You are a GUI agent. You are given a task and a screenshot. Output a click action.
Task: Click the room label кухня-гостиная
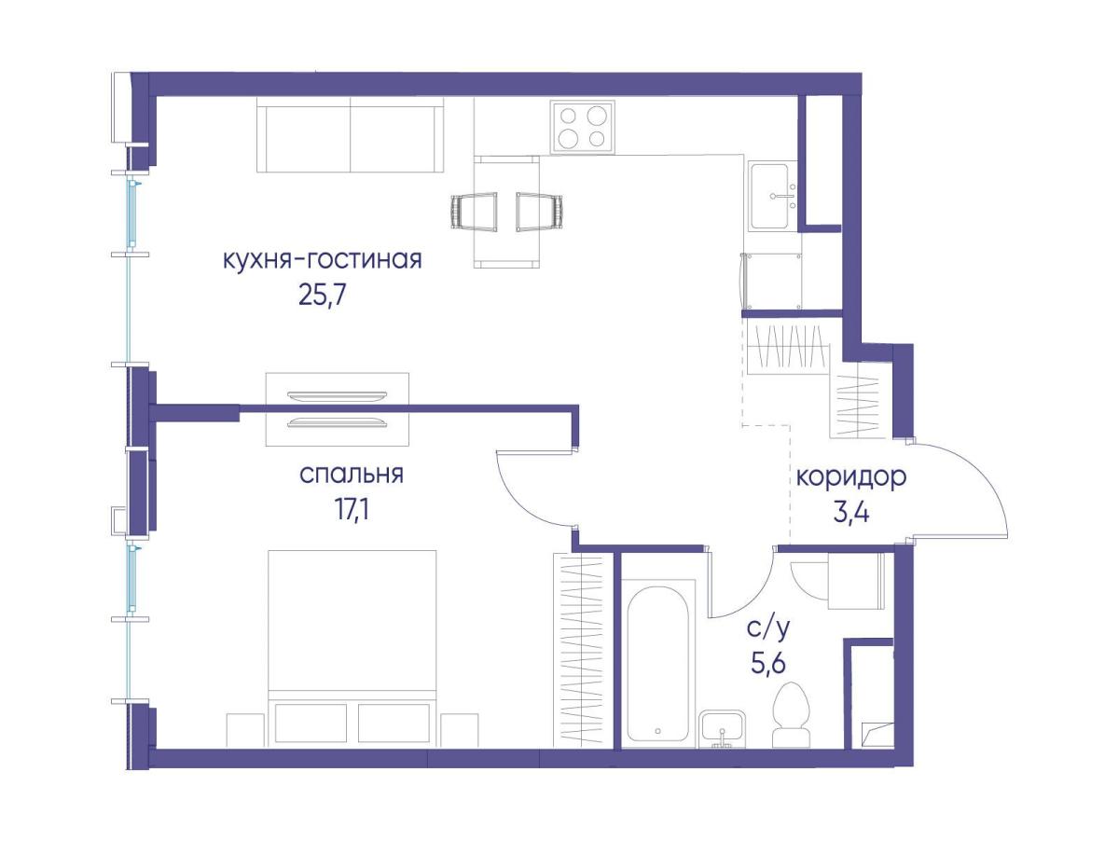[323, 260]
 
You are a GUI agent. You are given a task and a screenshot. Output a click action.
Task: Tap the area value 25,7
[323, 296]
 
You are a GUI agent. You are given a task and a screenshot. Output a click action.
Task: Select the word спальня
[352, 476]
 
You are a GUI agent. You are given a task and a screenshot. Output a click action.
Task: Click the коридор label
[850, 478]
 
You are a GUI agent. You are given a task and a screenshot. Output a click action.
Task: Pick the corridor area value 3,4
[850, 513]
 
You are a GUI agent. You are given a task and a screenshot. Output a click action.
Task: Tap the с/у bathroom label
[768, 629]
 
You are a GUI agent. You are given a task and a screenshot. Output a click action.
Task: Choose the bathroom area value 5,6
[767, 663]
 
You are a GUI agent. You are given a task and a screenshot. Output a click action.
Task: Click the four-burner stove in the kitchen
[582, 127]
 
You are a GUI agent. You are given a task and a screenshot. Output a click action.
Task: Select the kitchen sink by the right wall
[773, 196]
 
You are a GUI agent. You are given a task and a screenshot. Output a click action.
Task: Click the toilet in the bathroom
[791, 715]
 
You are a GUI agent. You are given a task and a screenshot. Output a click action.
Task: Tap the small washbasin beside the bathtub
[724, 729]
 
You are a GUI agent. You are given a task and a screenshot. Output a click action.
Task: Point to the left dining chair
[475, 212]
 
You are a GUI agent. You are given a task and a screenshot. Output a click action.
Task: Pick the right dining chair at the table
[539, 212]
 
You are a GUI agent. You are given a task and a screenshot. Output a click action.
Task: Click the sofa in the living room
[351, 135]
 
